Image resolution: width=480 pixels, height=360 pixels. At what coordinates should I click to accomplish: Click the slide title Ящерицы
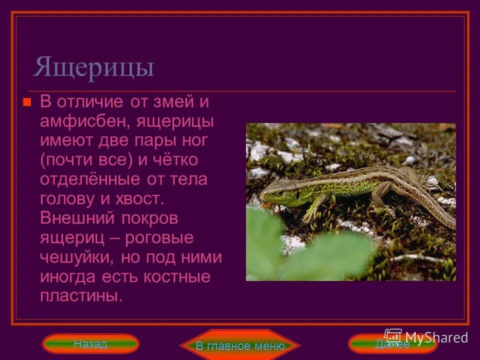coord(93,67)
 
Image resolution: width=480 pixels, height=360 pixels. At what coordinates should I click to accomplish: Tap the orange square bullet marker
coord(27,102)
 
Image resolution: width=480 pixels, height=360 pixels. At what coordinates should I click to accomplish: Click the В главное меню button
coord(240,345)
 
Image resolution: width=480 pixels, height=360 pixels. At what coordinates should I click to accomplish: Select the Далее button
coord(392,344)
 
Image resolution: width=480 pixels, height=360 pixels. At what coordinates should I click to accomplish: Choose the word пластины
coord(80,296)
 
